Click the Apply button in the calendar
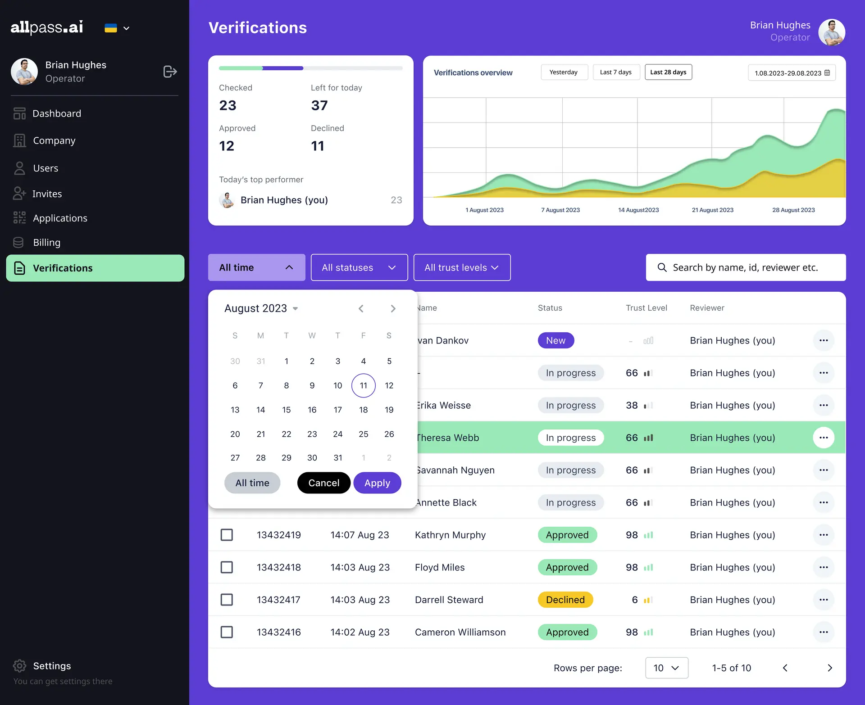(377, 483)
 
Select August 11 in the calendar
(363, 385)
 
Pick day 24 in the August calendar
(337, 434)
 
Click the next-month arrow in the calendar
(393, 308)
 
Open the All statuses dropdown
(359, 267)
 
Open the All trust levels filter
(462, 267)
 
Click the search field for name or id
(746, 267)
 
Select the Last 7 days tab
(616, 72)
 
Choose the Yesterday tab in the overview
(564, 72)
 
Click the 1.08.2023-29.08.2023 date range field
(792, 73)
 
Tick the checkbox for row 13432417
(227, 600)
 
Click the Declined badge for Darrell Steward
(565, 600)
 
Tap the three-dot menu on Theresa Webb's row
(824, 438)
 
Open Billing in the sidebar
(46, 243)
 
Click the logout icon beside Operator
(170, 72)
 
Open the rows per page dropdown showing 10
(666, 668)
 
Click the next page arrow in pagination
(829, 668)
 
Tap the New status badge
(555, 340)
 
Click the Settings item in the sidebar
(52, 666)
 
